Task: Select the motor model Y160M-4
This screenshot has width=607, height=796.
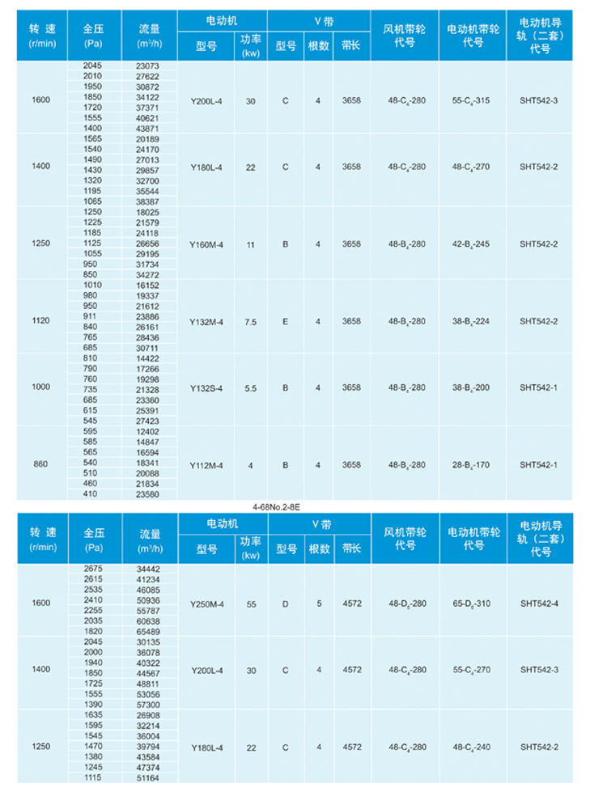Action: (x=206, y=243)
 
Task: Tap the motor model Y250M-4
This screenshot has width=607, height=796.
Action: (x=206, y=603)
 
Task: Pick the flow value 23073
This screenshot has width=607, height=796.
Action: (x=143, y=66)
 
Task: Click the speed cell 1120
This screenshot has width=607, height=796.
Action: (x=40, y=320)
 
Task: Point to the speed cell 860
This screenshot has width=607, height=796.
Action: (x=40, y=465)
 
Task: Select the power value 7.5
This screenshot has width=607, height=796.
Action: (x=251, y=321)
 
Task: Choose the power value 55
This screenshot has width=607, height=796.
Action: (x=251, y=603)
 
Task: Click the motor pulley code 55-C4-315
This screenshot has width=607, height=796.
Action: (x=472, y=100)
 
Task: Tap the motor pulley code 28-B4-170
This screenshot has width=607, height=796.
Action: (x=472, y=465)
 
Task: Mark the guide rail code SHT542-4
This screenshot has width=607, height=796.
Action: (x=539, y=603)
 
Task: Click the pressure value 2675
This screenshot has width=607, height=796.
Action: (x=93, y=569)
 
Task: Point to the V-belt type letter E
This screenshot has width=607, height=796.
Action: (x=285, y=321)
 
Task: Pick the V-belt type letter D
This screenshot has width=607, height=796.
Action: (x=285, y=603)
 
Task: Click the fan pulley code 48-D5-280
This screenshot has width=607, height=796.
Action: (x=406, y=603)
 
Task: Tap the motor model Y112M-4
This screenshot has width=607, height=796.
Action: (x=206, y=465)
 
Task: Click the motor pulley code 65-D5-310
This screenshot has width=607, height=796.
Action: (x=472, y=603)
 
